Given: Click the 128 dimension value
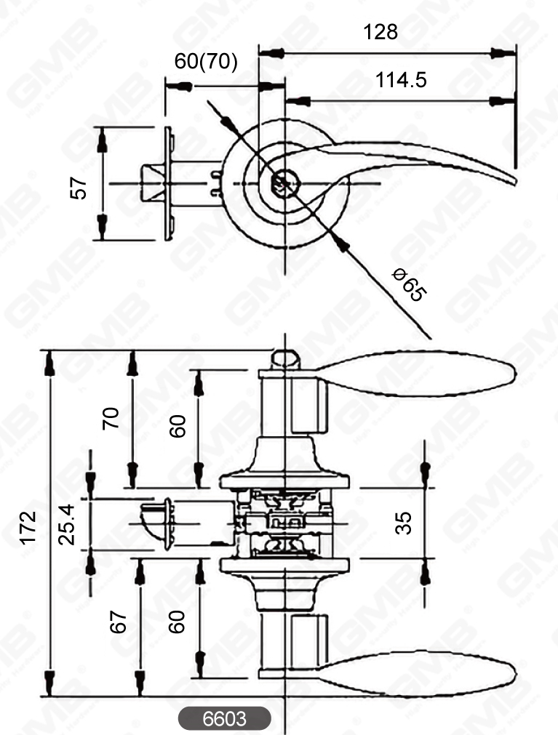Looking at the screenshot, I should [x=380, y=32].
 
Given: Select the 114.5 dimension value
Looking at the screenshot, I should [x=401, y=81].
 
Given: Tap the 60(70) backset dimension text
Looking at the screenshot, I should [x=206, y=62].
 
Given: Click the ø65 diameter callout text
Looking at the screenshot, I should [x=408, y=284].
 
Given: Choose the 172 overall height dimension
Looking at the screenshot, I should [x=28, y=527].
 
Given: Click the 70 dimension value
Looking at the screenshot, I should [x=111, y=419].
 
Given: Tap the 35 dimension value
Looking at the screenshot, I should [x=403, y=521].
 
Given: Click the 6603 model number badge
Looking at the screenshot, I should [x=224, y=719].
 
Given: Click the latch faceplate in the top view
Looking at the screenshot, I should [x=170, y=185].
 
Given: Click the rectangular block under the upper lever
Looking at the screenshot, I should [x=310, y=404].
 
